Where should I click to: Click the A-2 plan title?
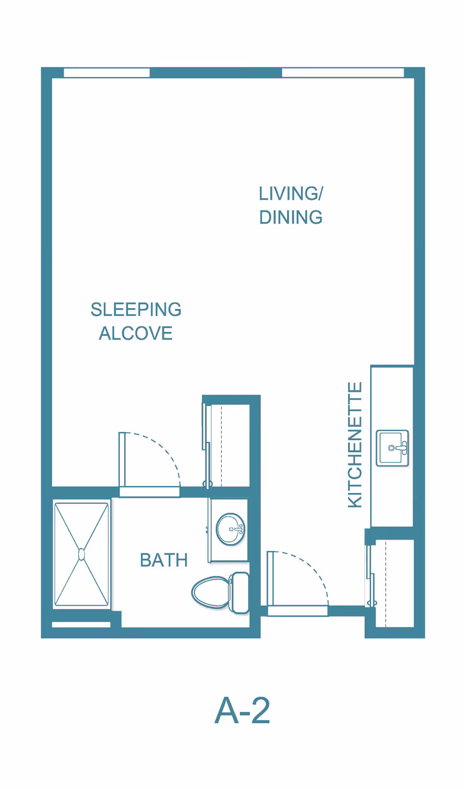coord(242,711)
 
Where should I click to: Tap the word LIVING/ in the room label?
coord(291,194)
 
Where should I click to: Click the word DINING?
coord(291,217)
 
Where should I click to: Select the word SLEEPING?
coord(136,310)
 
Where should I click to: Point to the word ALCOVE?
coord(136,333)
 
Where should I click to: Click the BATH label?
coord(164,560)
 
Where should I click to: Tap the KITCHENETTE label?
coord(355,445)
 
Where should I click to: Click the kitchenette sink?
coord(392,448)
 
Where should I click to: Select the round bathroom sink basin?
coord(230,529)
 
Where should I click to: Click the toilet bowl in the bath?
coord(211,592)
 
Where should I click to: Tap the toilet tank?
coord(239,593)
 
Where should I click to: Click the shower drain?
coord(81,554)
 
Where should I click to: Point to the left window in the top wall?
coord(107,73)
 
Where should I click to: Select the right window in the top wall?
coord(343,73)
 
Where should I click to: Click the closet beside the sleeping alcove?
coord(229,446)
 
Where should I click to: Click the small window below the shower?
coord(81,625)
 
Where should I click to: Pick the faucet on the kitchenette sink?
coord(401,448)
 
